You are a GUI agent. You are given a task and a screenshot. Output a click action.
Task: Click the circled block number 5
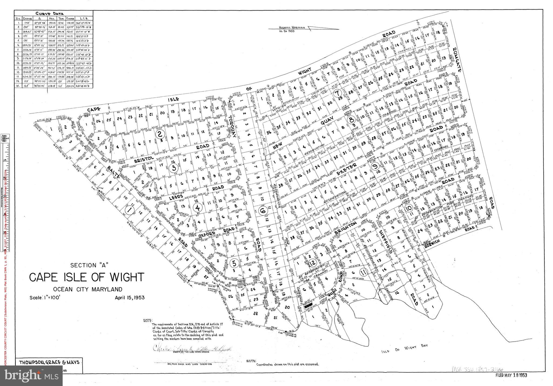[x=234, y=262]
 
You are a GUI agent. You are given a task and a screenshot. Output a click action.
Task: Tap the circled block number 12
[x=312, y=262]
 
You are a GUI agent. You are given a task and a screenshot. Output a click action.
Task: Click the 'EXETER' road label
[x=347, y=169]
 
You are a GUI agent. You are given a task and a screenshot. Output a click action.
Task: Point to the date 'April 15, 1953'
[x=130, y=298]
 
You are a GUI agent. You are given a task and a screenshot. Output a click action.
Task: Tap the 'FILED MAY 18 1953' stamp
[x=511, y=375]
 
